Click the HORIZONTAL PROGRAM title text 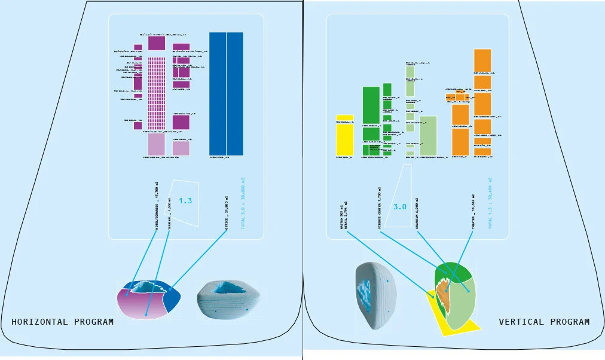[x=62, y=322]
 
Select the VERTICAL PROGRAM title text [x=544, y=322]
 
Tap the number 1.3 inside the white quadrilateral [x=185, y=201]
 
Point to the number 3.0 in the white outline [x=399, y=207]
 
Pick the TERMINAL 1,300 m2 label [x=170, y=212]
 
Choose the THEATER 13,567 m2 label [x=473, y=210]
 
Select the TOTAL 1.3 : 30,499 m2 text [x=490, y=203]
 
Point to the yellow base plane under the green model [x=467, y=328]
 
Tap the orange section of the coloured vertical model [x=443, y=292]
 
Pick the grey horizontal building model [x=228, y=297]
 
